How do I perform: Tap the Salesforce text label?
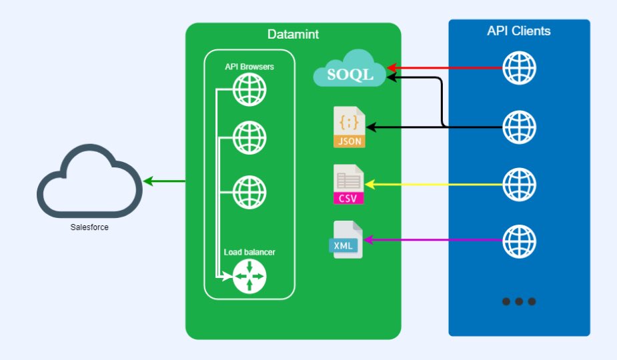(89, 227)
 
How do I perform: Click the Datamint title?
(293, 33)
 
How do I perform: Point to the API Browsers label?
(249, 67)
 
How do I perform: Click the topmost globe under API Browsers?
(249, 90)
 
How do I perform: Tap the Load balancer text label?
(249, 252)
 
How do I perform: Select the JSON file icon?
(350, 127)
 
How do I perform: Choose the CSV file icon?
(350, 183)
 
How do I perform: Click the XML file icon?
(348, 240)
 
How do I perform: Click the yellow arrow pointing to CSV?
(434, 183)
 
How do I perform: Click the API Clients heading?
(519, 31)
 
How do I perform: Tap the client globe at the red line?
(519, 67)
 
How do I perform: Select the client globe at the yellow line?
(519, 183)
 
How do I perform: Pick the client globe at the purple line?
(519, 240)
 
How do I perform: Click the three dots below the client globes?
(519, 301)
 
